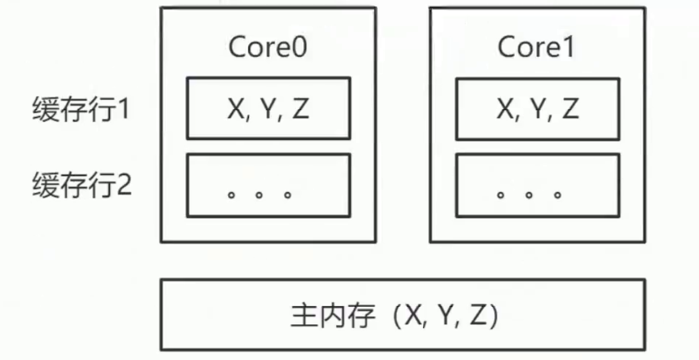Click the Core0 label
point(267,47)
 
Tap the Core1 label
point(536,47)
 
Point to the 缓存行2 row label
point(81,185)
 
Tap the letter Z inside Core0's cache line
point(300,109)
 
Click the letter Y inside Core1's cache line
point(537,109)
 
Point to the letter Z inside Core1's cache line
point(569,109)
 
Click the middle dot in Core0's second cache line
point(259,195)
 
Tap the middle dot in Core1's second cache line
point(529,195)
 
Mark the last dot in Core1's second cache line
point(557,195)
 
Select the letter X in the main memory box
point(414,316)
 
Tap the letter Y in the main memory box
point(445,316)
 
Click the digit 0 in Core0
point(299,47)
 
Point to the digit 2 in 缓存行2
point(123,185)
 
